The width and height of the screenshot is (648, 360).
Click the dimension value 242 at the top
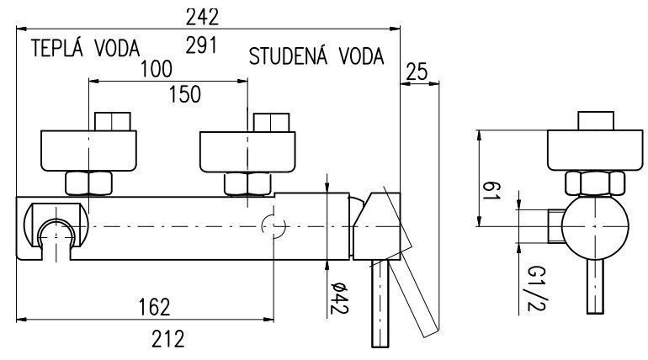tap(203, 16)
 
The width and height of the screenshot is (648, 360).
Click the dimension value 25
tap(417, 73)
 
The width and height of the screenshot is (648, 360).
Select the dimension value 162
tap(152, 305)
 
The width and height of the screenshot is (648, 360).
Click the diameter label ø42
tap(338, 297)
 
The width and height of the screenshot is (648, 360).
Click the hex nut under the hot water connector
tap(89, 183)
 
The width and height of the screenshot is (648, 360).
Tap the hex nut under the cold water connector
tap(246, 183)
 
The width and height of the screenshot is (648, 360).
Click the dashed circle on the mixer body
tap(274, 225)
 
